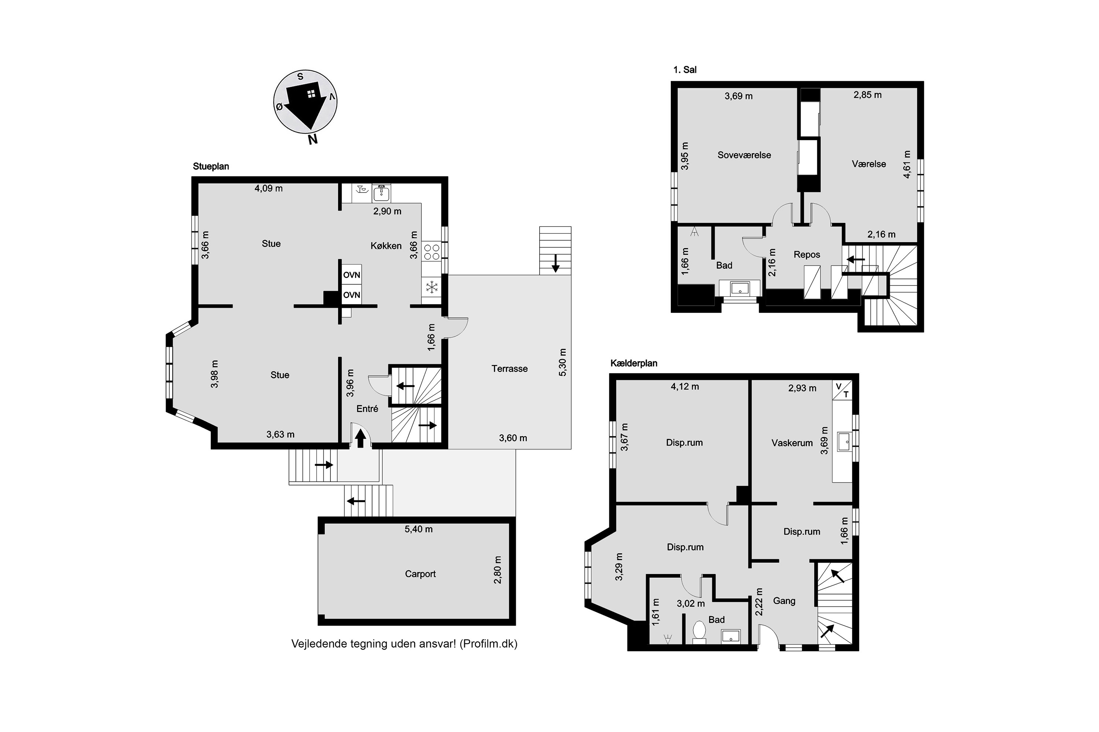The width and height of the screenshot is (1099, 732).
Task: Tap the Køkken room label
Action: click(x=386, y=246)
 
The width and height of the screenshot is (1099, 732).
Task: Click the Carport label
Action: click(x=420, y=574)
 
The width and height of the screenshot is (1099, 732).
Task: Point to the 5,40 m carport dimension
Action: click(x=418, y=529)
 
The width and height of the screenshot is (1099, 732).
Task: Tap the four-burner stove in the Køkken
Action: click(x=431, y=253)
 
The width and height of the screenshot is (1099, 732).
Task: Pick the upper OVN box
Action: click(x=351, y=275)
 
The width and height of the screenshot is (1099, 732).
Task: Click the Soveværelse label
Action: click(x=744, y=155)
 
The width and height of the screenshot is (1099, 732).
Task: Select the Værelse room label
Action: click(x=869, y=164)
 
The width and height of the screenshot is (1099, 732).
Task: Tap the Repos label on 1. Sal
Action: click(x=807, y=254)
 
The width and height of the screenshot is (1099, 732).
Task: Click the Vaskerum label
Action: click(x=792, y=442)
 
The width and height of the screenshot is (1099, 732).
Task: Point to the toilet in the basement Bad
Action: click(x=699, y=631)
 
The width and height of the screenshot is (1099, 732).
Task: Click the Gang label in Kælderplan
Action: click(x=784, y=601)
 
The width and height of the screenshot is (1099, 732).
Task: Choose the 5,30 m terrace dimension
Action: click(x=563, y=362)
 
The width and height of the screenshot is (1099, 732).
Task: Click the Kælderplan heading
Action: click(x=634, y=363)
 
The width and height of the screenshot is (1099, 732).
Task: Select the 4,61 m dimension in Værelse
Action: click(x=907, y=164)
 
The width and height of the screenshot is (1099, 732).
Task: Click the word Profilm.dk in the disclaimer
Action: click(x=488, y=644)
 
